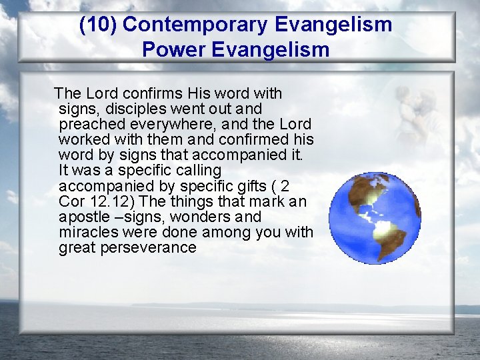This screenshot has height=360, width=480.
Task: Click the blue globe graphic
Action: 375,219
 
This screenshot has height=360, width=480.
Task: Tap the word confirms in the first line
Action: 154,93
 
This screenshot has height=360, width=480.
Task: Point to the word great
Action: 75,248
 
